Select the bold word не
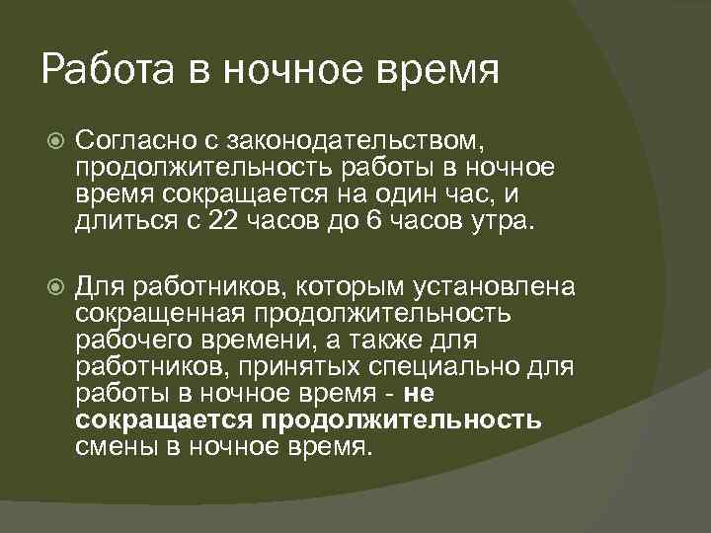pos(419,394)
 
